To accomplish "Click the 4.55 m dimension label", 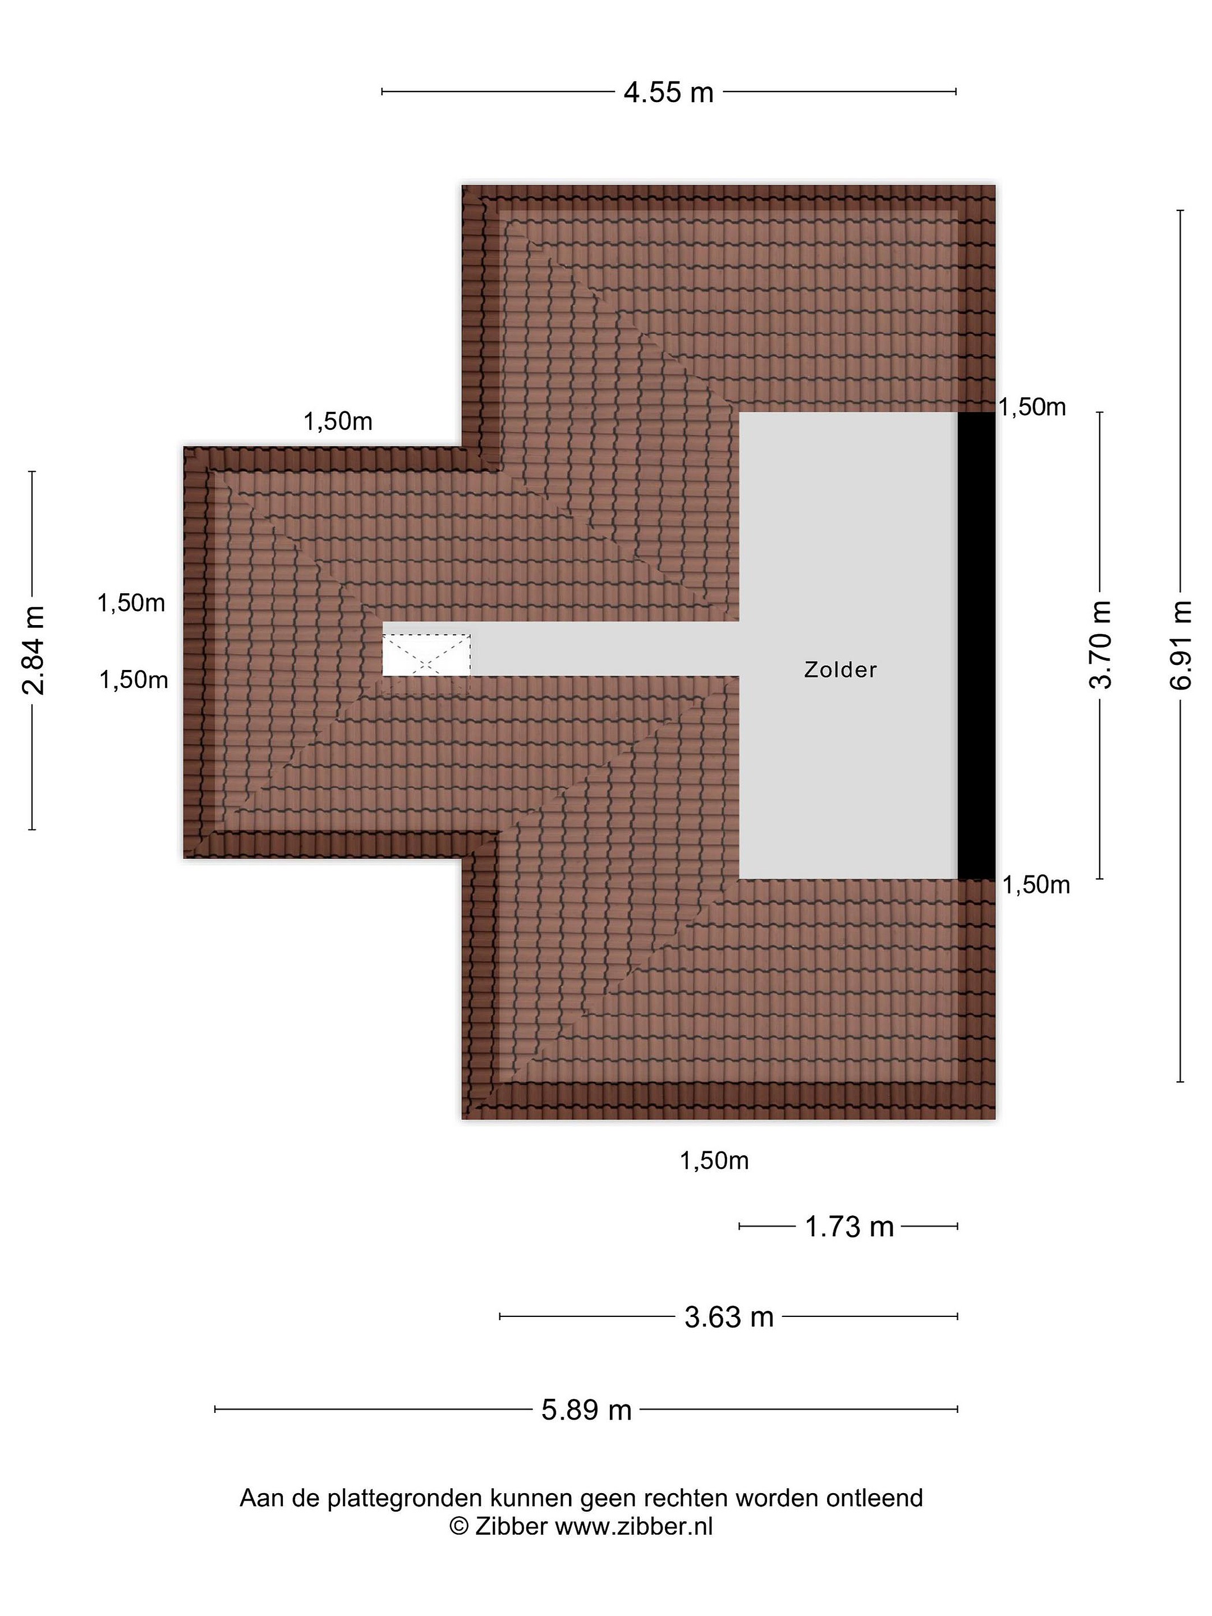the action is click(x=668, y=93).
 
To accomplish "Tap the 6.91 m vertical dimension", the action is click(x=1181, y=645).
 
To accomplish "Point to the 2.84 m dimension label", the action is click(x=33, y=650).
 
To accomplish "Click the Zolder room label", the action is click(x=840, y=670).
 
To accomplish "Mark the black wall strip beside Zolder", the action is click(x=977, y=646).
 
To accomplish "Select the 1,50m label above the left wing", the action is click(x=338, y=421).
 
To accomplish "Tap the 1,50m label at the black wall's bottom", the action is click(x=1035, y=885).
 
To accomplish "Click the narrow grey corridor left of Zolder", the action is click(x=605, y=649).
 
